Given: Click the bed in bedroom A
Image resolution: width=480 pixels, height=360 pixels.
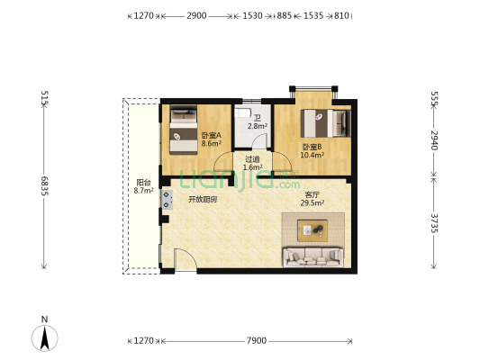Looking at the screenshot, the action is coord(184,130).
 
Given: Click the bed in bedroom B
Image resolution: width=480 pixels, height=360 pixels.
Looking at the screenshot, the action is coord(326,123).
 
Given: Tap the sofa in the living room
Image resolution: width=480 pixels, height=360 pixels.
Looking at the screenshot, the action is coord(312,256).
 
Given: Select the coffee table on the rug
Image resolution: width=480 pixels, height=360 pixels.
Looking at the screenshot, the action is coord(312,230).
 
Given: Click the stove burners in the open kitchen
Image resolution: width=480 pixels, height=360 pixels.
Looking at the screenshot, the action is coord(167,200).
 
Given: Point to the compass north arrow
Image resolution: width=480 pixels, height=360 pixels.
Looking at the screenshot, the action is coord(45,338).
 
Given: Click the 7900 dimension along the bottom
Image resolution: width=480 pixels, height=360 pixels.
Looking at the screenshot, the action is coord(257,340).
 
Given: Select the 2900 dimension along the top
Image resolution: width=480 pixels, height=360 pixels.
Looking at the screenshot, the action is coord(196,15).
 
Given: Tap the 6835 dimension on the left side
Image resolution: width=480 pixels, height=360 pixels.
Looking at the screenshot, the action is coord(45,186).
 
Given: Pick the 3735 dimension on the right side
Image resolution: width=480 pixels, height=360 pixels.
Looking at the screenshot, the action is coord(434,223).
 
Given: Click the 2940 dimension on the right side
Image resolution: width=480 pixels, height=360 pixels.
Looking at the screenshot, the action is coord(434,140).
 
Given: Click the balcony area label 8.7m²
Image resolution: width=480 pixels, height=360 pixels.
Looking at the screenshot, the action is coord(143,191).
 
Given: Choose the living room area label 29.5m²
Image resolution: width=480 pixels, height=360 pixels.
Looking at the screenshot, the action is coord(312,202).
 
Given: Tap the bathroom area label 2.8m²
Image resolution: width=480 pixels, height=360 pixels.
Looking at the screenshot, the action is coord(258,126).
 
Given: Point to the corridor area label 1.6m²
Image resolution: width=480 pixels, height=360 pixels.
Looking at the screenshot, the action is coord(252,167).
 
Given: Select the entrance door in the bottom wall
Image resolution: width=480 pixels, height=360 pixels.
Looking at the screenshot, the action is coord(186,260).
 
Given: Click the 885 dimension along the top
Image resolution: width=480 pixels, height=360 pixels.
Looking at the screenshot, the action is coord(284,15).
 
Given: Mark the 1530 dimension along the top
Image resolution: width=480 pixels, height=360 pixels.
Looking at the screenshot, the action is coord(252,15).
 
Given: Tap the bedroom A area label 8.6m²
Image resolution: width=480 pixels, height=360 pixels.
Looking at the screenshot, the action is coord(212,143).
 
